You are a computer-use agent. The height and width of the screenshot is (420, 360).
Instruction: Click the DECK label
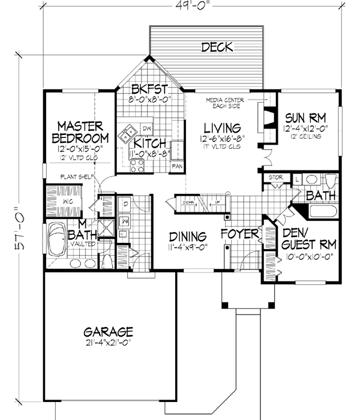217,47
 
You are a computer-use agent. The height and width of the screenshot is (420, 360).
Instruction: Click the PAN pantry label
177,166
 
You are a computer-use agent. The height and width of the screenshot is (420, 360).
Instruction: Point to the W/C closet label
68,202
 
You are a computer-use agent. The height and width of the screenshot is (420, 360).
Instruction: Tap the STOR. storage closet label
275,177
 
